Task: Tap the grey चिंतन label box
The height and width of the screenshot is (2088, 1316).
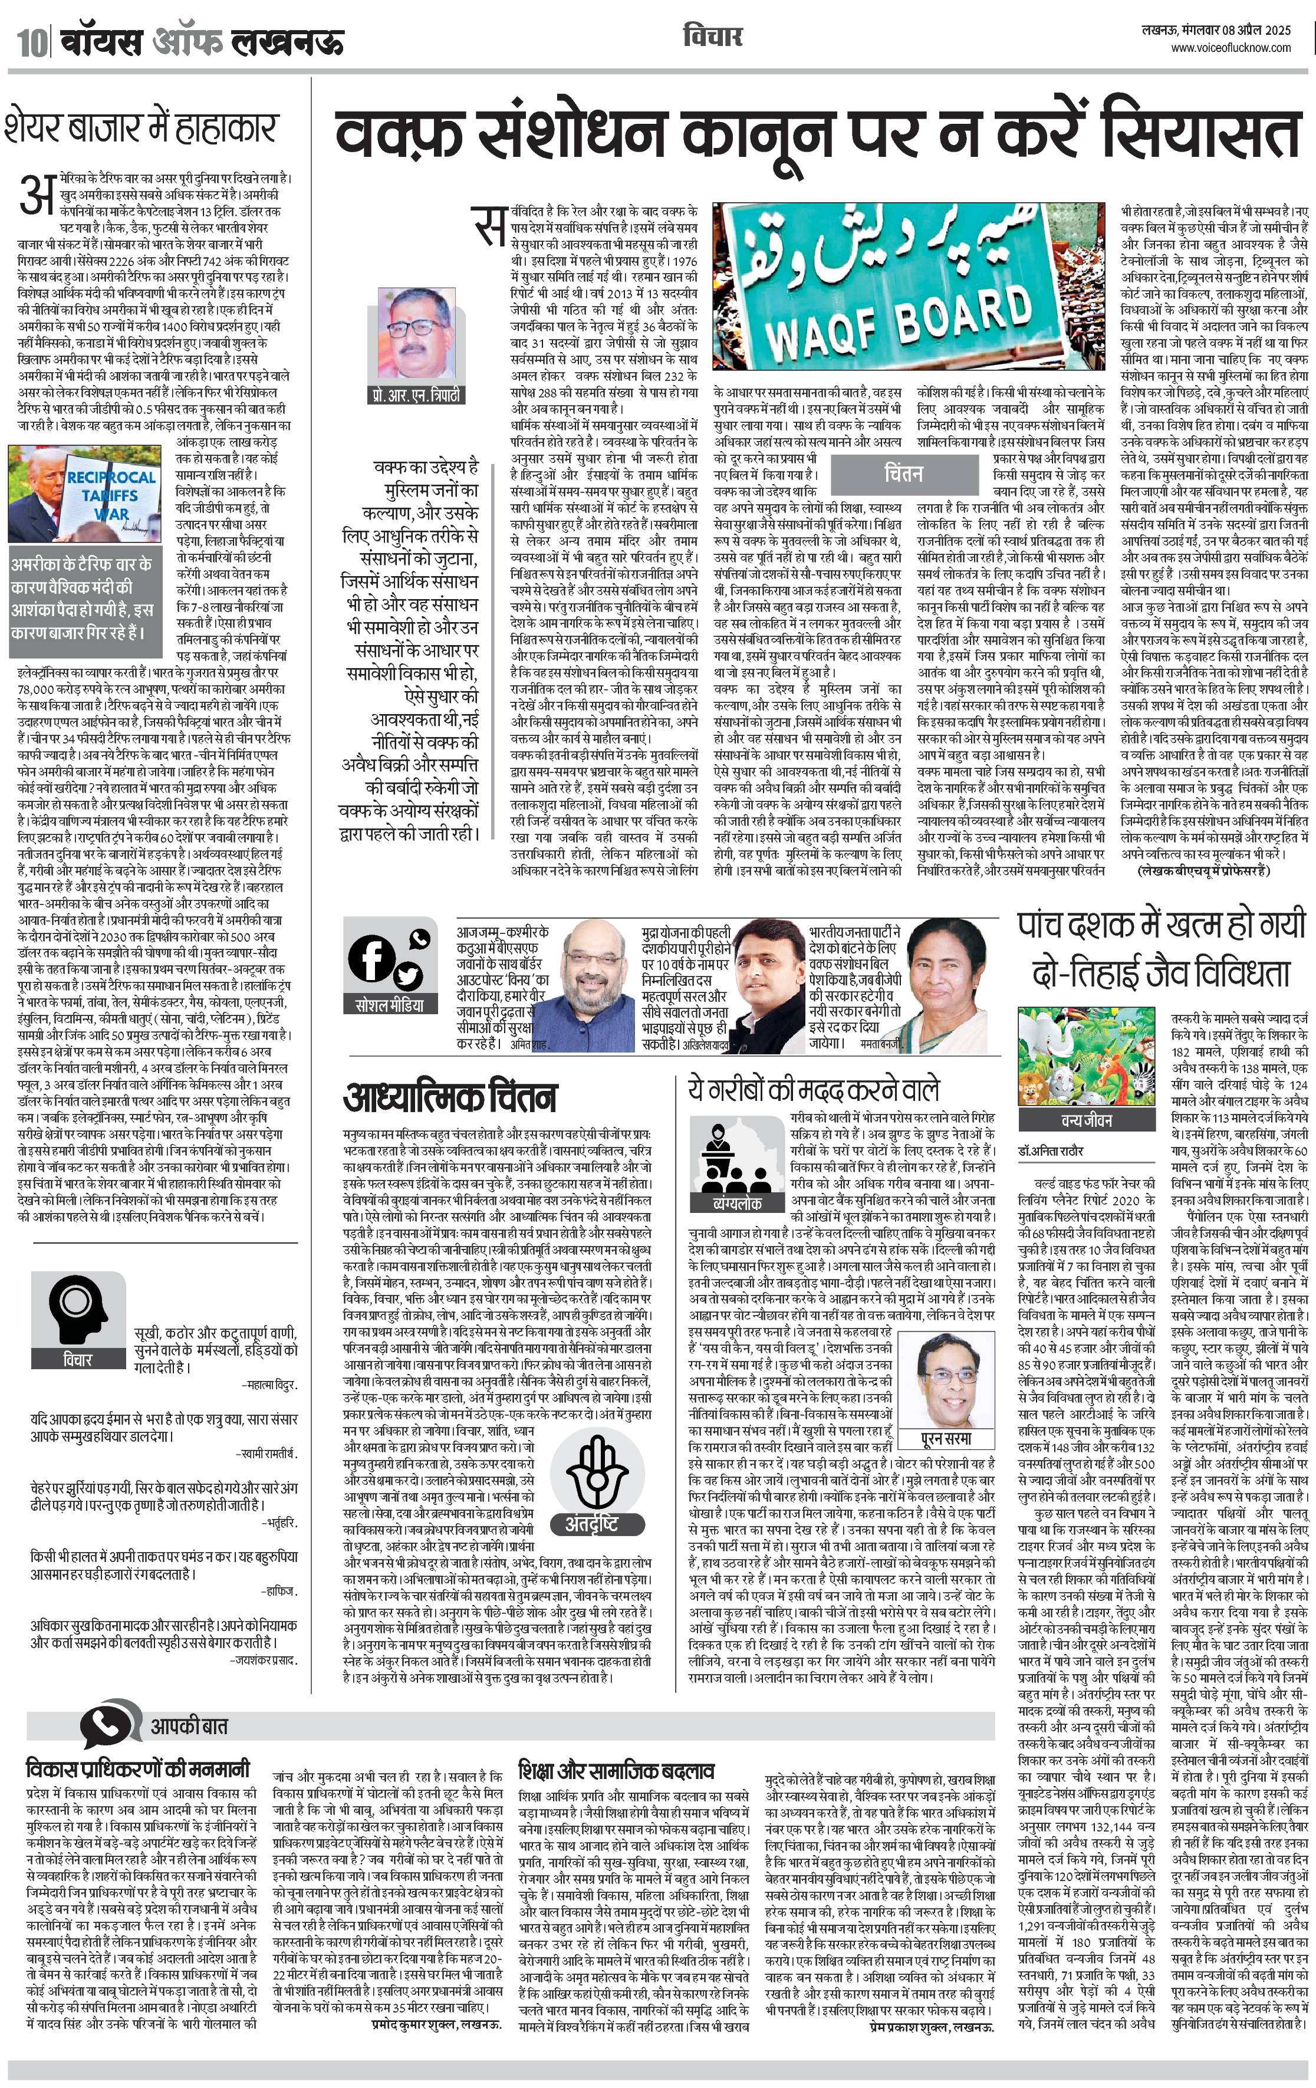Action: [x=903, y=474]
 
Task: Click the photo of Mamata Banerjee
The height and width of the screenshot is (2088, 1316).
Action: [x=953, y=984]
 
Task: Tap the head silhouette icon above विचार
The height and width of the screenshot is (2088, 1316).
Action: [x=77, y=1305]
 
